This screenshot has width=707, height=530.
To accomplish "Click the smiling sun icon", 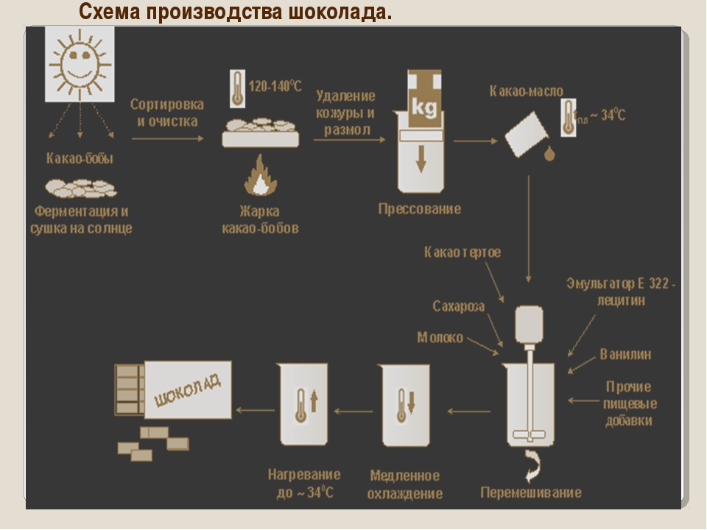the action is tap(80, 63).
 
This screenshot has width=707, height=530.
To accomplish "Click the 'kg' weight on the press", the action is tap(424, 107).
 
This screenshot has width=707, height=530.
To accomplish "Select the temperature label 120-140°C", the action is tap(275, 85).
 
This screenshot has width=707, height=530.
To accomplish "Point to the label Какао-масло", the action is tap(526, 91).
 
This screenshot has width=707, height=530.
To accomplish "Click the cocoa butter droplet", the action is tap(549, 154).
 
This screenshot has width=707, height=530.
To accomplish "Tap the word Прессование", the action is tap(420, 208).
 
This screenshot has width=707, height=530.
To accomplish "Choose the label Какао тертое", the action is tap(462, 252).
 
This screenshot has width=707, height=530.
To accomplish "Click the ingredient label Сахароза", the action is tap(459, 306).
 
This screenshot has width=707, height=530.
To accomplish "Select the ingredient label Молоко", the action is tap(440, 337).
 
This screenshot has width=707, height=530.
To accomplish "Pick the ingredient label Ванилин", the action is tap(625, 354).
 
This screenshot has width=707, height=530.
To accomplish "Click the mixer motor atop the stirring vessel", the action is tap(529, 325).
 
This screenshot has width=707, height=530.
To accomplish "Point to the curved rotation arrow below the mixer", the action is tap(534, 466).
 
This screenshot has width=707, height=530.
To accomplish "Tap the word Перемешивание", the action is tap(531, 492).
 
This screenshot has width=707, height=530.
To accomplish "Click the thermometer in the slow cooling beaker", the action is tap(401, 405).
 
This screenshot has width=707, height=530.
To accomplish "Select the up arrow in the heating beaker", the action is tap(314, 401).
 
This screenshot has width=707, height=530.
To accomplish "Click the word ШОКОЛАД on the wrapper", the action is tap(188, 390).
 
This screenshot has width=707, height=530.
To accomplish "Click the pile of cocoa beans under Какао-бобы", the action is tap(81, 188).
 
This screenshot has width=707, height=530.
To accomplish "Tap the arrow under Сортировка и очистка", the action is tap(168, 138).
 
